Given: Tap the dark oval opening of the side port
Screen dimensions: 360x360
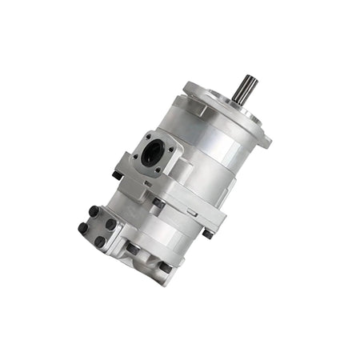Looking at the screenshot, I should pos(150,155).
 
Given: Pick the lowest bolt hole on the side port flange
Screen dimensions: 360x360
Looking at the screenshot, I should pos(154,170).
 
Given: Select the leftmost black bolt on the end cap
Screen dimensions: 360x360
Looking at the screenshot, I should pos(82,227).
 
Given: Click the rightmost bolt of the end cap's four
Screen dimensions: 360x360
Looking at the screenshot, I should pos(111,225).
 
